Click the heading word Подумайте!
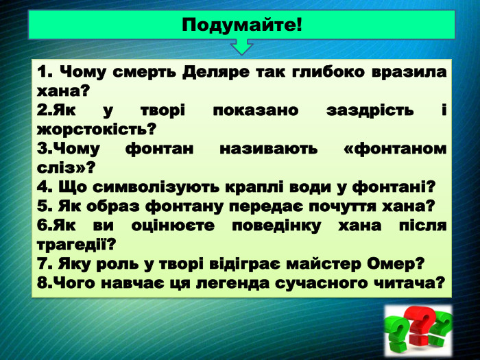point(242,26)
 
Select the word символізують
point(149,187)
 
